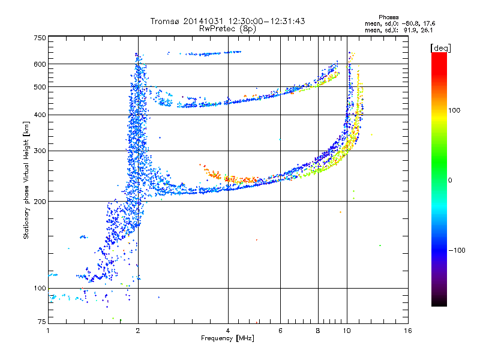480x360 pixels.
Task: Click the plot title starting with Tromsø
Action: [x=227, y=21]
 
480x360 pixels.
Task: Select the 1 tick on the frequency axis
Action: [x=48, y=330]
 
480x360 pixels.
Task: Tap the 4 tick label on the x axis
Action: [x=228, y=330]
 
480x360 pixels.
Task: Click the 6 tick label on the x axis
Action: [x=280, y=330]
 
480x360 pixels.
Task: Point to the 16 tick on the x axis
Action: [x=407, y=330]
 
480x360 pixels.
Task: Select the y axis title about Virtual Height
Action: [x=26, y=180]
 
